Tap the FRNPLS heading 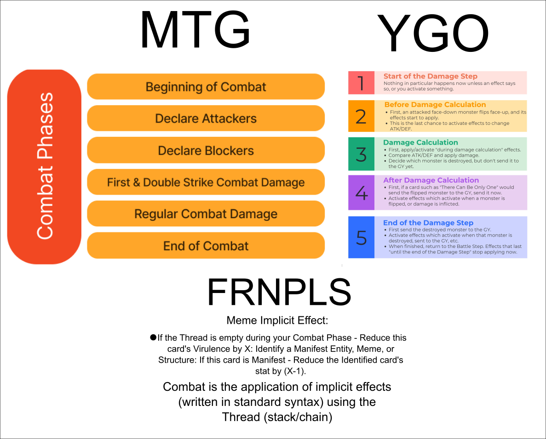tap(279, 292)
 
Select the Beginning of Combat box tap(206, 87)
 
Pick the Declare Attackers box tap(206, 118)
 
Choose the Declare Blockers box tap(206, 150)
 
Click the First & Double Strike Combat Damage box tap(206, 182)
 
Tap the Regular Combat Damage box tap(206, 214)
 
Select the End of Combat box tap(206, 246)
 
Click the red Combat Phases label tap(44, 166)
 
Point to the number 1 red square tap(361, 83)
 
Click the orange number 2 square tap(361, 116)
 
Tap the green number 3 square tap(361, 154)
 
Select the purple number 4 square tap(361, 192)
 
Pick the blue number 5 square tap(361, 237)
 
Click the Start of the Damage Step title tap(430, 76)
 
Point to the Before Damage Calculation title tap(435, 105)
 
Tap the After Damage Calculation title tap(431, 180)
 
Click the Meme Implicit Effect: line tap(277, 320)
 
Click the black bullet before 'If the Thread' tap(153, 338)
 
